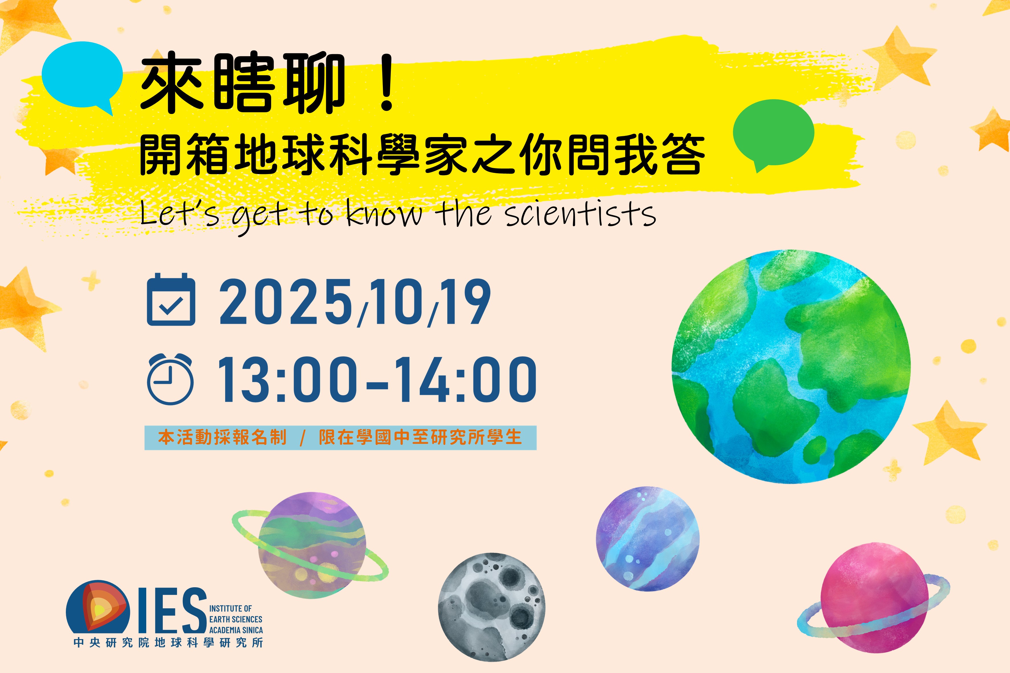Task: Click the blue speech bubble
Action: click(x=82, y=75)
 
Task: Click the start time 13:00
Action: click(x=287, y=380)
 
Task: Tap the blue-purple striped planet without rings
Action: click(x=648, y=539)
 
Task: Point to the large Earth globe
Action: click(x=790, y=367)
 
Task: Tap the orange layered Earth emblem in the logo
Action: click(x=98, y=607)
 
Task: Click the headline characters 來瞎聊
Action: click(x=243, y=84)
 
